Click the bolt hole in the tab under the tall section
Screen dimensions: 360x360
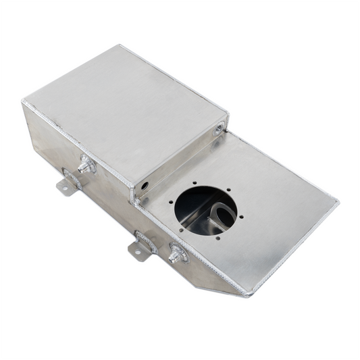click(x=63, y=188)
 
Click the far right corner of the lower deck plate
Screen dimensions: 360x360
click(x=337, y=201)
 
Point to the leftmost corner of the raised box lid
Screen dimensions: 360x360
click(x=24, y=103)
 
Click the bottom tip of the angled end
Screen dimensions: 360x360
click(x=249, y=294)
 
